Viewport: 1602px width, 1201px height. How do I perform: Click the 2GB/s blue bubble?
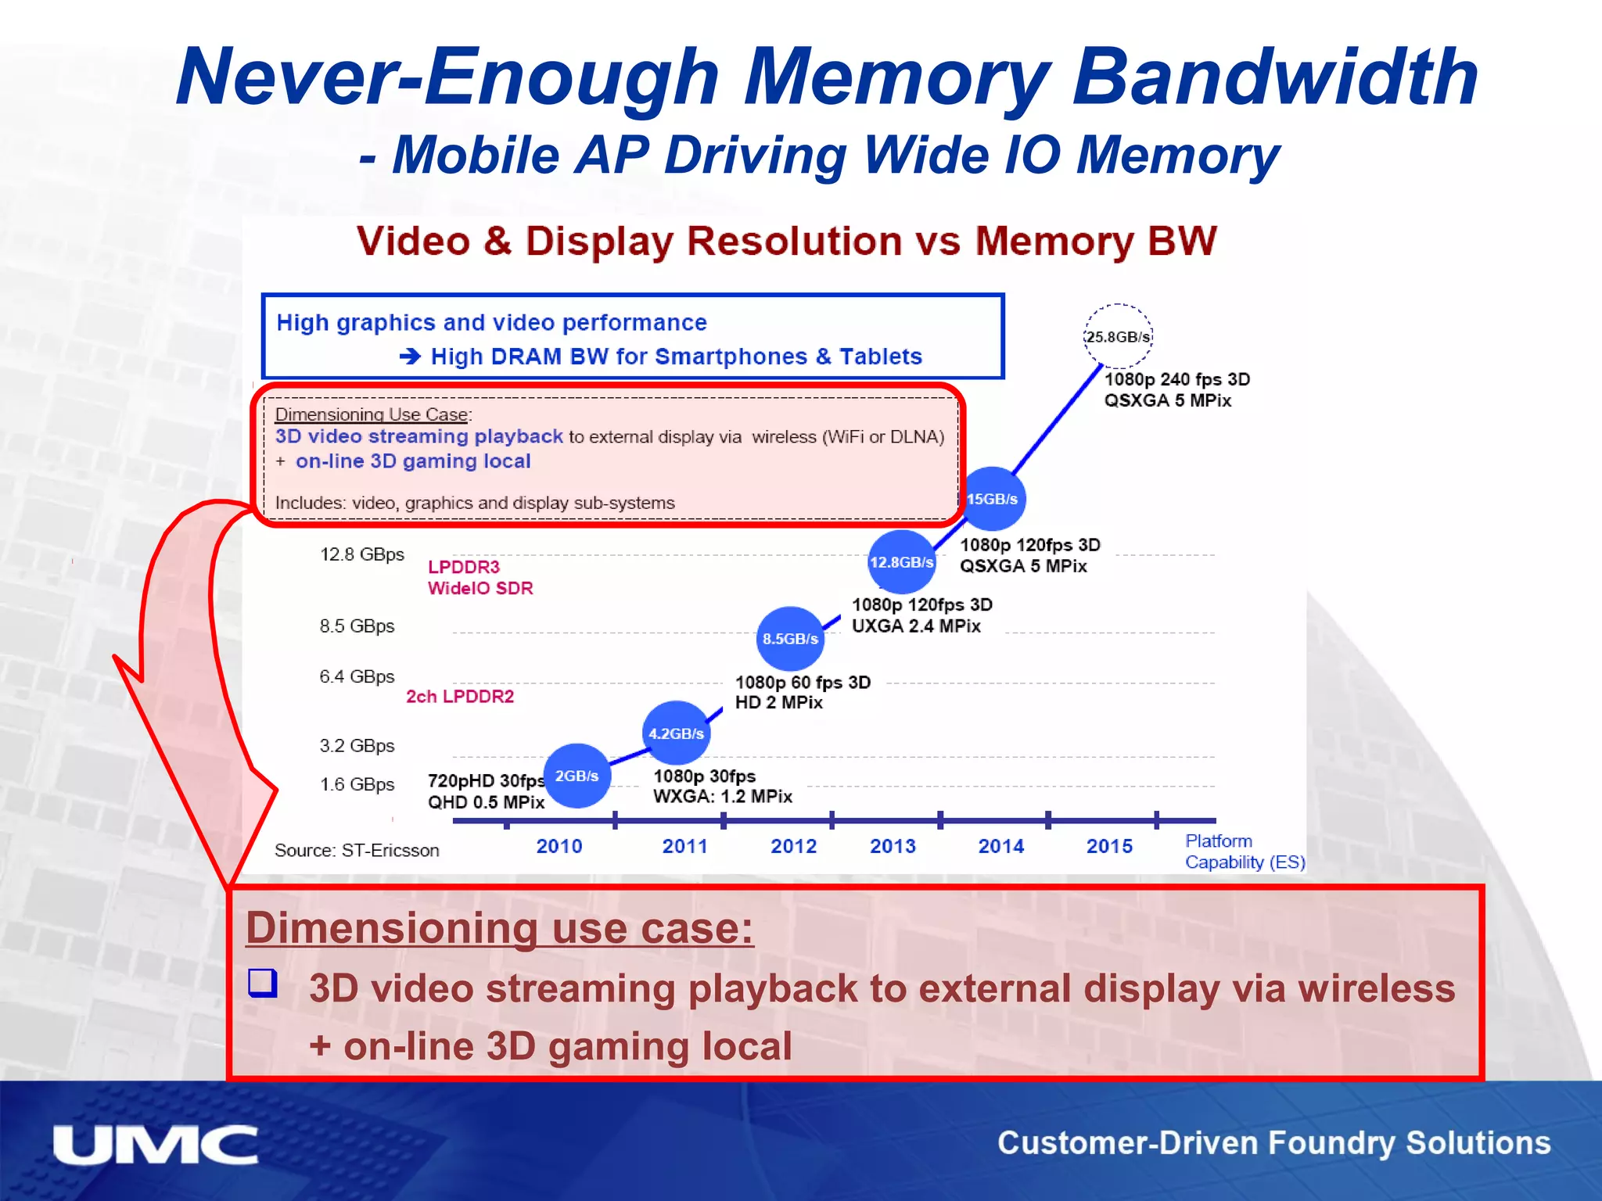click(x=577, y=776)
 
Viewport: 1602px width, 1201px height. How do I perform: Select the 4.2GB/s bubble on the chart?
click(x=676, y=733)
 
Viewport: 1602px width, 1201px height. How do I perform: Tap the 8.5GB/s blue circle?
click(x=790, y=638)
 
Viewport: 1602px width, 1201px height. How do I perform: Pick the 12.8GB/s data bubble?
click(x=901, y=561)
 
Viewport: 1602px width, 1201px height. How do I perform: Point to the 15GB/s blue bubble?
click(x=992, y=499)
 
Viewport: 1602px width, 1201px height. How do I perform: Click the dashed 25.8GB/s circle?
click(x=1118, y=336)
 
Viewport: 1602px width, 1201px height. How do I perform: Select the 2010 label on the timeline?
click(x=559, y=846)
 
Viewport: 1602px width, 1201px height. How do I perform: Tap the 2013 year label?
click(x=893, y=846)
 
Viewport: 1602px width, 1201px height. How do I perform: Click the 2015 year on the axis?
click(x=1109, y=846)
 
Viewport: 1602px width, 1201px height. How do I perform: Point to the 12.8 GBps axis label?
click(x=361, y=554)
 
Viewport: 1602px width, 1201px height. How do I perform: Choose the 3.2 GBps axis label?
click(x=357, y=745)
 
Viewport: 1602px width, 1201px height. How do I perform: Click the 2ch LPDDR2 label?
click(x=460, y=696)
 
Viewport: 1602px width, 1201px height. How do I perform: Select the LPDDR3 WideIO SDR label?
click(x=480, y=577)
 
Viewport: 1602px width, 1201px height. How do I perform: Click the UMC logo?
click(x=156, y=1145)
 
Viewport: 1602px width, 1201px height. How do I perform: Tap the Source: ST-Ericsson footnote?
click(x=357, y=850)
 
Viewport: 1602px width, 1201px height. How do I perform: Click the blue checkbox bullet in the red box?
click(x=263, y=983)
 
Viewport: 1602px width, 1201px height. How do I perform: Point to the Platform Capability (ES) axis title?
click(x=1244, y=851)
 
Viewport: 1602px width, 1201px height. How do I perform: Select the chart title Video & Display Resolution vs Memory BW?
click(x=786, y=241)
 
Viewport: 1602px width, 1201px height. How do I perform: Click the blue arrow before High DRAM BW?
click(x=410, y=357)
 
